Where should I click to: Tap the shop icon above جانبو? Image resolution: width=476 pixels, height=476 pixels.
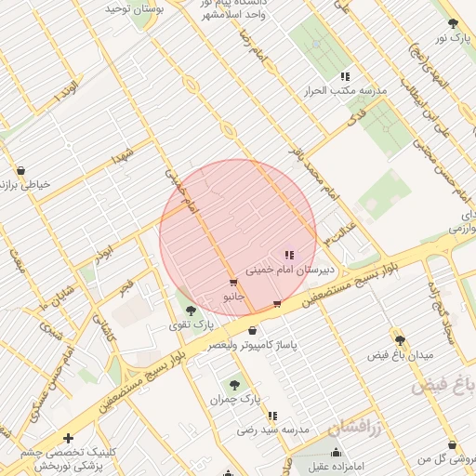[x=232, y=282]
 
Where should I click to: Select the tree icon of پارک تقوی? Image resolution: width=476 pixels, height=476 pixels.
[x=191, y=311]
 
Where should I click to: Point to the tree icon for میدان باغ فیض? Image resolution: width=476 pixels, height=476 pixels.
[x=401, y=341]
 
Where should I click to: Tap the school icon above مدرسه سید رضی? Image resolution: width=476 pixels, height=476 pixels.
[x=272, y=416]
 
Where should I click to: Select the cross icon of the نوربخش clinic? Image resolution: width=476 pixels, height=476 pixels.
[x=68, y=437]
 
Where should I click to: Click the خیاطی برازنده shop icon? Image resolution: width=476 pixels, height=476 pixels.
[x=21, y=170]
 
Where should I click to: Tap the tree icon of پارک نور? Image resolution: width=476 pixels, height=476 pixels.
[x=453, y=24]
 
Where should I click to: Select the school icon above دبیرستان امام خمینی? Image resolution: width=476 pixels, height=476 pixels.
[x=289, y=254]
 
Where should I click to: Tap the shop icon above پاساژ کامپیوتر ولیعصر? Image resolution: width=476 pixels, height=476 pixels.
[x=253, y=330]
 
